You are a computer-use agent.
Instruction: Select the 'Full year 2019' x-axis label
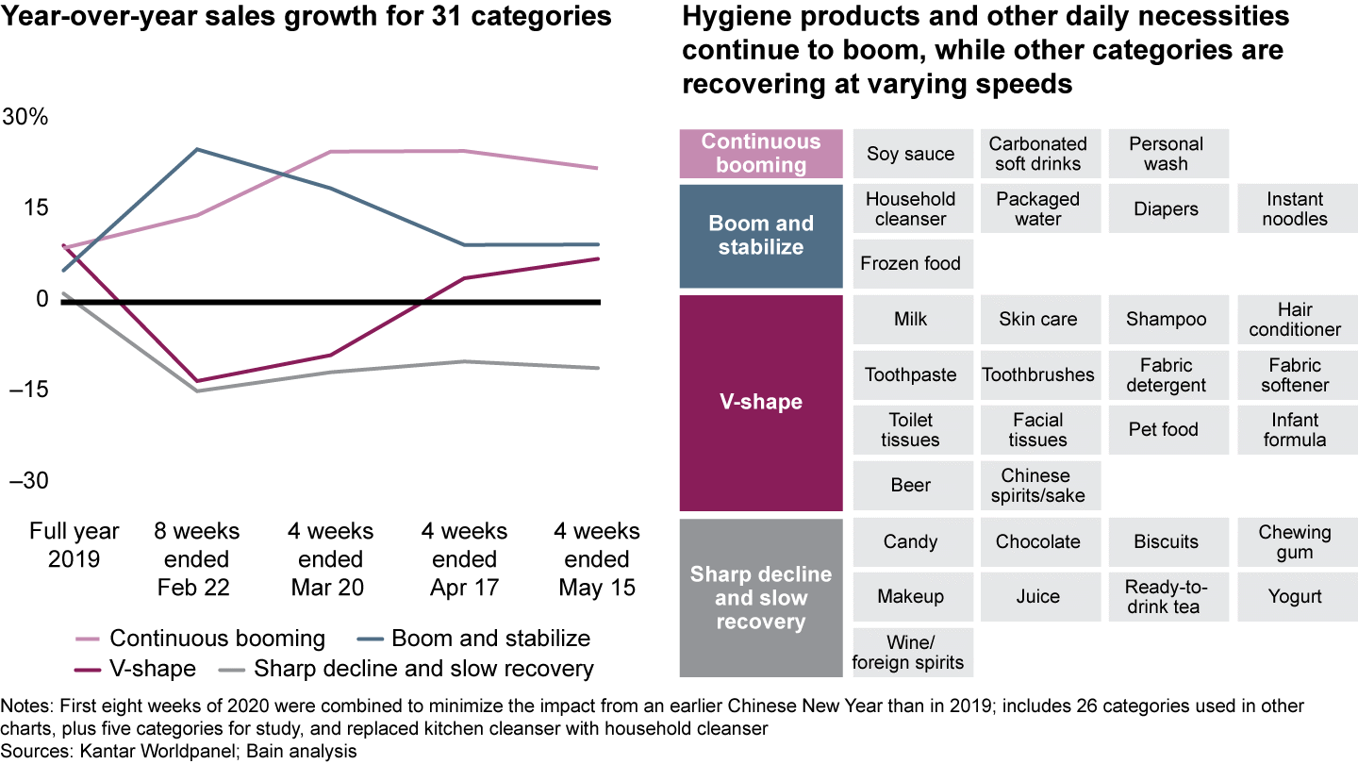pyautogui.click(x=75, y=545)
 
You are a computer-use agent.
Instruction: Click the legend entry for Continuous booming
pyautogui.click(x=217, y=639)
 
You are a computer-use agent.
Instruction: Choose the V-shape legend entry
pyautogui.click(x=152, y=669)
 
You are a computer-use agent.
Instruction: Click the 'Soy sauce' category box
pyautogui.click(x=911, y=154)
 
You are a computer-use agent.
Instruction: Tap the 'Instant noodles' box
pyautogui.click(x=1296, y=208)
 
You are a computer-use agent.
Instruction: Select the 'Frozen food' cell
pyautogui.click(x=911, y=263)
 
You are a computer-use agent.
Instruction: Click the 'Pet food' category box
pyautogui.click(x=1167, y=430)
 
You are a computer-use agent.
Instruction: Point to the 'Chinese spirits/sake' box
pyautogui.click(x=1038, y=485)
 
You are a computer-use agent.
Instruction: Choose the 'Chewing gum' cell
pyautogui.click(x=1296, y=541)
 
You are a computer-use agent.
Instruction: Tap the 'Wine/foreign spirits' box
pyautogui.click(x=911, y=652)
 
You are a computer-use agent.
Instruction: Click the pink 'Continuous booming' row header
pyautogui.click(x=761, y=154)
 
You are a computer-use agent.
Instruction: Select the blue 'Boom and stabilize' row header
pyautogui.click(x=761, y=236)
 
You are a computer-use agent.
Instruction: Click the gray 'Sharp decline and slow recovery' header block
pyautogui.click(x=761, y=597)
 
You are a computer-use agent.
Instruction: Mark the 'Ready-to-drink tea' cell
pyautogui.click(x=1167, y=596)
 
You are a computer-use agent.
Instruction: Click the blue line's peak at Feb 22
pyautogui.click(x=195, y=149)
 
